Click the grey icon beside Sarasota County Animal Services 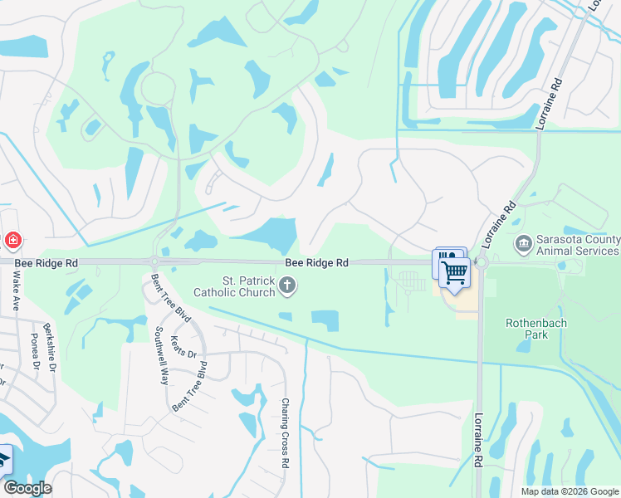(x=523, y=242)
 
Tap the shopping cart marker (x=454, y=271)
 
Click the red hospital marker (x=12, y=241)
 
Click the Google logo (x=27, y=488)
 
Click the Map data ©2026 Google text (x=570, y=491)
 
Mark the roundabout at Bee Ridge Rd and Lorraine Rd (x=480, y=262)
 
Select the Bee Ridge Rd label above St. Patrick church (x=316, y=262)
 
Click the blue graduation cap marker (x=3, y=459)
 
